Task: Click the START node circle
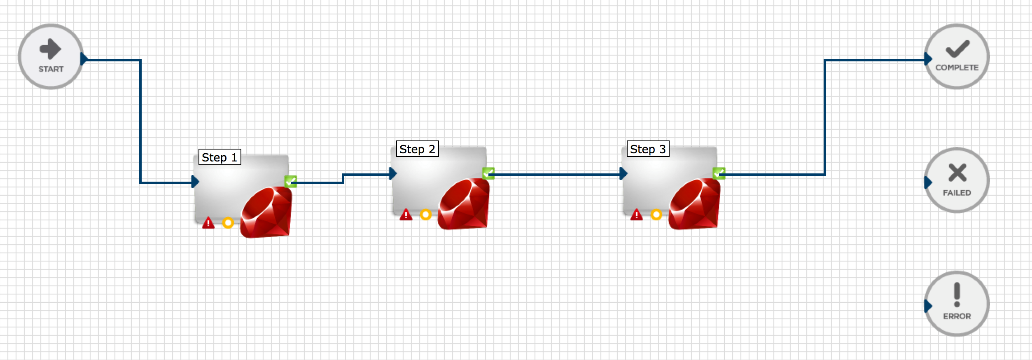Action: point(51,56)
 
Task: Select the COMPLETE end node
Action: point(957,56)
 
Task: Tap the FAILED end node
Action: point(957,180)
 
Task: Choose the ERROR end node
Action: point(957,304)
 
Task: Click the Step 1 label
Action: point(220,157)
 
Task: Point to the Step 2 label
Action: point(418,149)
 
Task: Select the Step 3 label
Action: point(648,149)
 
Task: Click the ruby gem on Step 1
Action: point(266,212)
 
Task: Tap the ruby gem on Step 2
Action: point(464,203)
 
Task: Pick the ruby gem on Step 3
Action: point(694,203)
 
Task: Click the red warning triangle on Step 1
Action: point(208,223)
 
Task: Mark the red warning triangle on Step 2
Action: point(406,215)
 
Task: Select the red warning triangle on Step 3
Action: point(637,215)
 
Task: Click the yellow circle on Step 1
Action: point(228,223)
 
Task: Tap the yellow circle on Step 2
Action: point(426,215)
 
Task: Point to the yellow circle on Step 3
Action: point(656,215)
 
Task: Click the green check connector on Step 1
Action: point(291,181)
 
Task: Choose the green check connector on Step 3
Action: point(719,173)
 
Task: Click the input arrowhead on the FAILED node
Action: point(928,182)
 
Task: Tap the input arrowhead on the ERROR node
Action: point(928,306)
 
